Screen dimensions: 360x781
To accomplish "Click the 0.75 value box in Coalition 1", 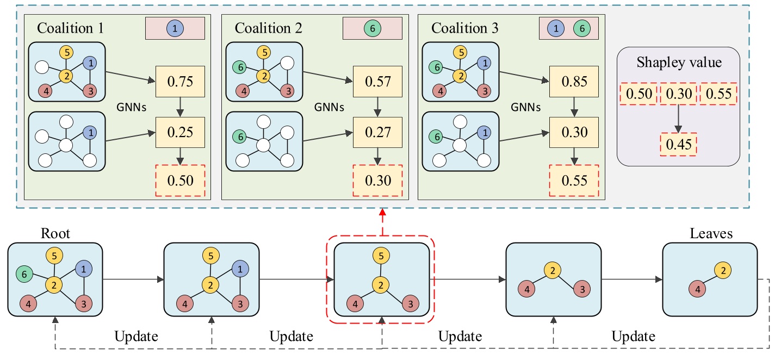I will point(180,83).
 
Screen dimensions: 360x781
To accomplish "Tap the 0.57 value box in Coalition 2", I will point(377,83).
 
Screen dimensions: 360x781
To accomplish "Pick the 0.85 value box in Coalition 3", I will point(573,83).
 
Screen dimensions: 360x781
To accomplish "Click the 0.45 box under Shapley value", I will point(678,145).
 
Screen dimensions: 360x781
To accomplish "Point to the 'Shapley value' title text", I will point(679,63).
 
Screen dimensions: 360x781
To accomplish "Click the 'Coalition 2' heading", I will point(268,28).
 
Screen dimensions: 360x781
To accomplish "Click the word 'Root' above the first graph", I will point(55,234).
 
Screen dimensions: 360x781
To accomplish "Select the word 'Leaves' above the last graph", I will point(710,234).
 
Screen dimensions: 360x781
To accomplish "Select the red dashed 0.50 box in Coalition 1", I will point(180,180).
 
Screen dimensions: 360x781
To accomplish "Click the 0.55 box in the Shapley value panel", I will point(718,94).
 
